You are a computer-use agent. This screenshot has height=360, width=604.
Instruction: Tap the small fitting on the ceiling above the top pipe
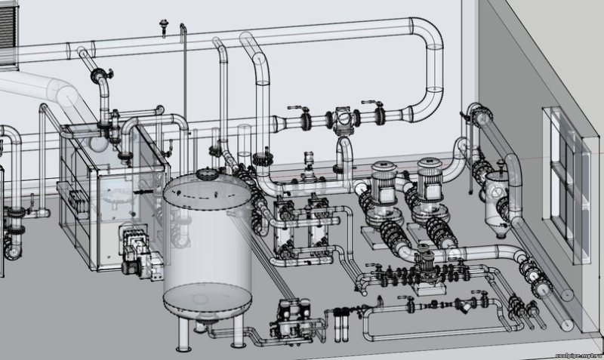(x=160, y=23)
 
